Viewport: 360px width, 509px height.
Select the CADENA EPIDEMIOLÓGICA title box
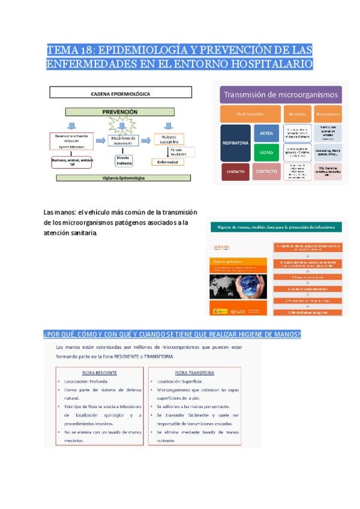pos(120,93)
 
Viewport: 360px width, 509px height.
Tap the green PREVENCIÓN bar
pos(120,112)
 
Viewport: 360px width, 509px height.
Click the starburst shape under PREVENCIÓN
pos(119,126)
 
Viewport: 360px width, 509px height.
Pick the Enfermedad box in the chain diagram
pos(168,161)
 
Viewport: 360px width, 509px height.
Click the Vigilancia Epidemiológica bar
pos(123,178)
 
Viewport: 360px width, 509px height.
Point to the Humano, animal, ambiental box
pos(73,161)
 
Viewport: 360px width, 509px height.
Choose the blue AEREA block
pos(266,133)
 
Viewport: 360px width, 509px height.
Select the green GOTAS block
pos(266,152)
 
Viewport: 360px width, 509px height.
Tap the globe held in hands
pos(238,290)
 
